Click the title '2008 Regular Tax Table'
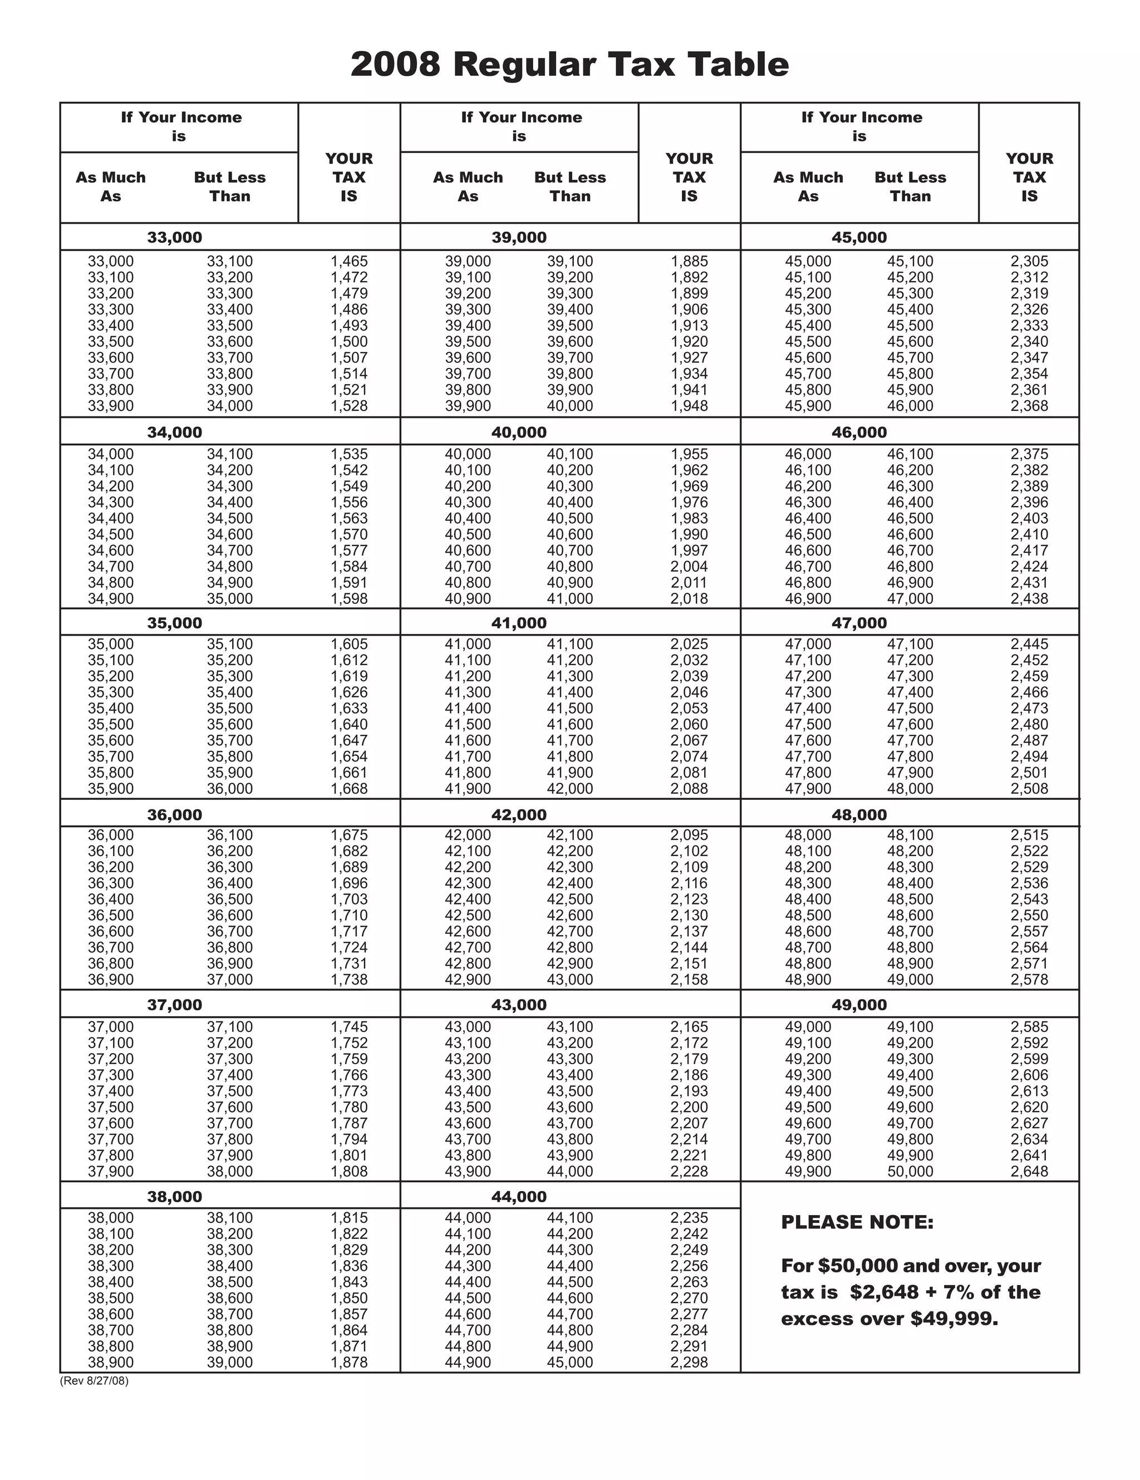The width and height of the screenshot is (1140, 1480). pyautogui.click(x=569, y=65)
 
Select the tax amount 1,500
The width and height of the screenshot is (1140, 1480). pyautogui.click(x=349, y=342)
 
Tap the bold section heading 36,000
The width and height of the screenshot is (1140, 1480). pyautogui.click(x=175, y=814)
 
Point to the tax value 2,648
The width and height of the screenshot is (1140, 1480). pyautogui.click(x=1029, y=1172)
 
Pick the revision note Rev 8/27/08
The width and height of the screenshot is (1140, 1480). pyautogui.click(x=94, y=1381)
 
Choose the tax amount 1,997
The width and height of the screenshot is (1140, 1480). pyautogui.click(x=689, y=550)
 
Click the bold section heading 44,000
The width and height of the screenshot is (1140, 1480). pyautogui.click(x=518, y=1197)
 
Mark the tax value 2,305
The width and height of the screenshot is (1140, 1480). pyautogui.click(x=1029, y=261)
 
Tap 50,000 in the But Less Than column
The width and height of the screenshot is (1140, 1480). pyautogui.click(x=910, y=1172)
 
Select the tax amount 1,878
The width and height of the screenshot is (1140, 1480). pyautogui.click(x=349, y=1362)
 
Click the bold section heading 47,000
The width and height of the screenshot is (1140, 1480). pyautogui.click(x=859, y=623)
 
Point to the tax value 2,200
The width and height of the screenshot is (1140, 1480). pyautogui.click(x=689, y=1107)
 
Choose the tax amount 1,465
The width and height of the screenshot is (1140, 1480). pyautogui.click(x=349, y=261)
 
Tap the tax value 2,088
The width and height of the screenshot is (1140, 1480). pyautogui.click(x=689, y=789)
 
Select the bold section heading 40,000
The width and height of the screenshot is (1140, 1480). pyautogui.click(x=518, y=432)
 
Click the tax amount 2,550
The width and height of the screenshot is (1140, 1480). pyautogui.click(x=1029, y=916)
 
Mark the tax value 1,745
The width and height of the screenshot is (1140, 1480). pyautogui.click(x=349, y=1026)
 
